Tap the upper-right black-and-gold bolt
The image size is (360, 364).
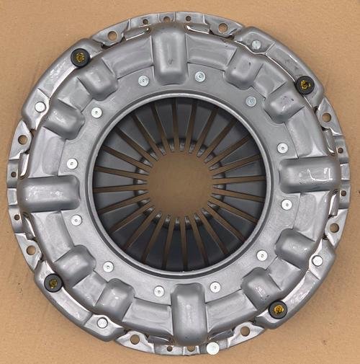(x=305, y=84)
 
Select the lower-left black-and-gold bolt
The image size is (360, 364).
(x=53, y=283)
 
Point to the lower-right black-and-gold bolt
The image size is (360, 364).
(x=277, y=309)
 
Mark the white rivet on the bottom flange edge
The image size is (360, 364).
(x=212, y=348)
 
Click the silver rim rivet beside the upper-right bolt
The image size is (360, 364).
(x=256, y=45)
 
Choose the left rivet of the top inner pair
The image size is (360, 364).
(x=143, y=80)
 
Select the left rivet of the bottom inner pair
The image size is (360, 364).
(x=158, y=291)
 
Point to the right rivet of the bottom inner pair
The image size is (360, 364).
(x=215, y=287)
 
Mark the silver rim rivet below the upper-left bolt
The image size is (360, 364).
(x=40, y=107)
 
